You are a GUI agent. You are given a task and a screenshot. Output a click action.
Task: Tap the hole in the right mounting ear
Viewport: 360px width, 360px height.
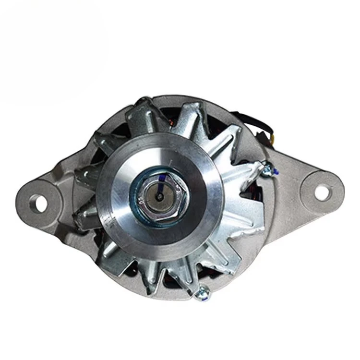pyautogui.click(x=322, y=191)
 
